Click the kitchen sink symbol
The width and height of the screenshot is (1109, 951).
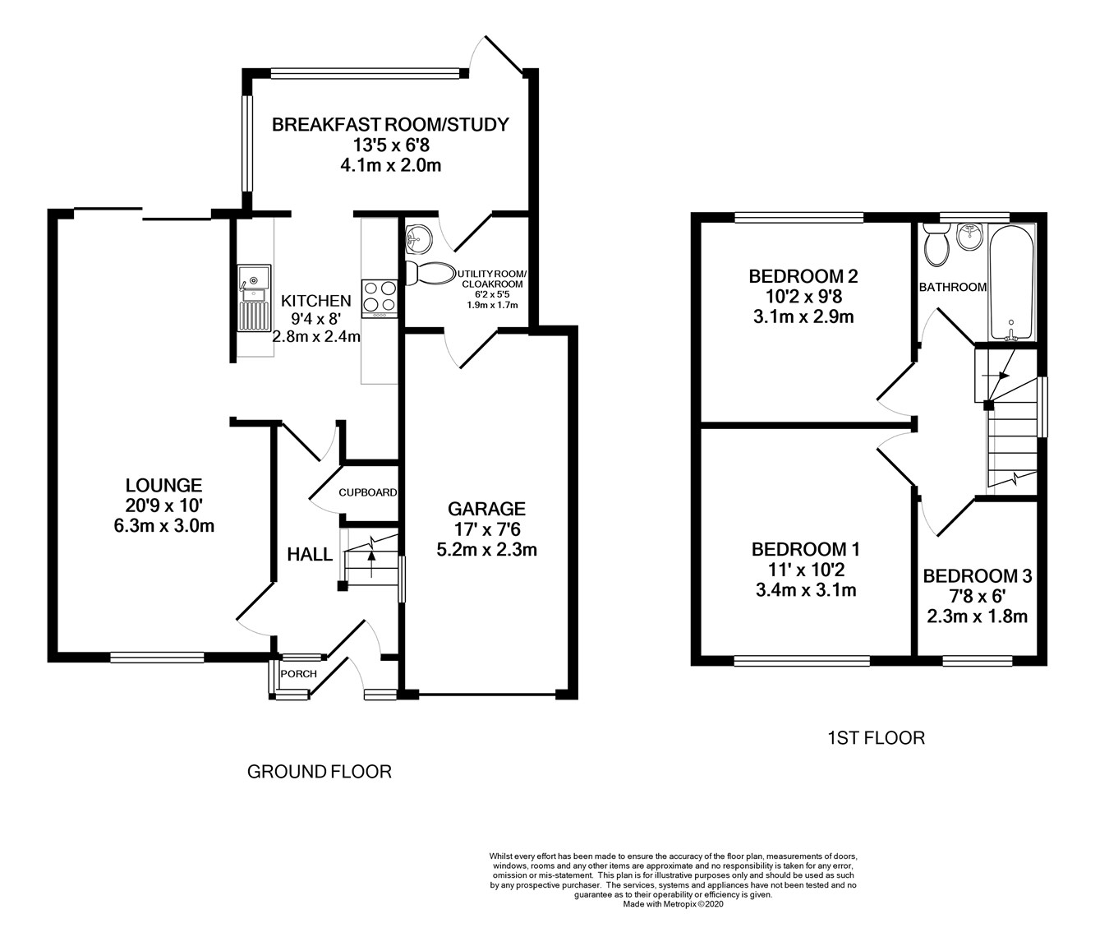click(x=253, y=298)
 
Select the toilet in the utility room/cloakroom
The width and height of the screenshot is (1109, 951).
click(x=432, y=274)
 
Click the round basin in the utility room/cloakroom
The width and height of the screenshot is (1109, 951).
click(x=417, y=240)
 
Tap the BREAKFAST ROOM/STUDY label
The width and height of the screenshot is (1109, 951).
click(x=390, y=125)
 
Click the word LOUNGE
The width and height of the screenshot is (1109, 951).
click(x=163, y=485)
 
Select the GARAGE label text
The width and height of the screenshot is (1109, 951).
click(x=486, y=509)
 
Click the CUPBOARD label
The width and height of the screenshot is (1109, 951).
click(x=367, y=492)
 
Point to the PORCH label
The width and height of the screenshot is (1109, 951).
click(x=298, y=674)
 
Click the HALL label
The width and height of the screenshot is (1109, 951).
click(x=310, y=555)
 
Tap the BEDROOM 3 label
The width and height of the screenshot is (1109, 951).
click(x=977, y=576)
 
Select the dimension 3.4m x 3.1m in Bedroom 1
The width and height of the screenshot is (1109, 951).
click(x=805, y=589)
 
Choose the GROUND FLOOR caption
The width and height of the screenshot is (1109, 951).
click(x=319, y=772)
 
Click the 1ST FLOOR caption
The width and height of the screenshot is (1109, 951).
click(x=876, y=738)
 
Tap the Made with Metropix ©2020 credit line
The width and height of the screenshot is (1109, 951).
click(x=673, y=904)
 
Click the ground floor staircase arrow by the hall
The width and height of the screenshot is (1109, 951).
click(x=371, y=556)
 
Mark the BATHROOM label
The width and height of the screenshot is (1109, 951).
click(x=952, y=287)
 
